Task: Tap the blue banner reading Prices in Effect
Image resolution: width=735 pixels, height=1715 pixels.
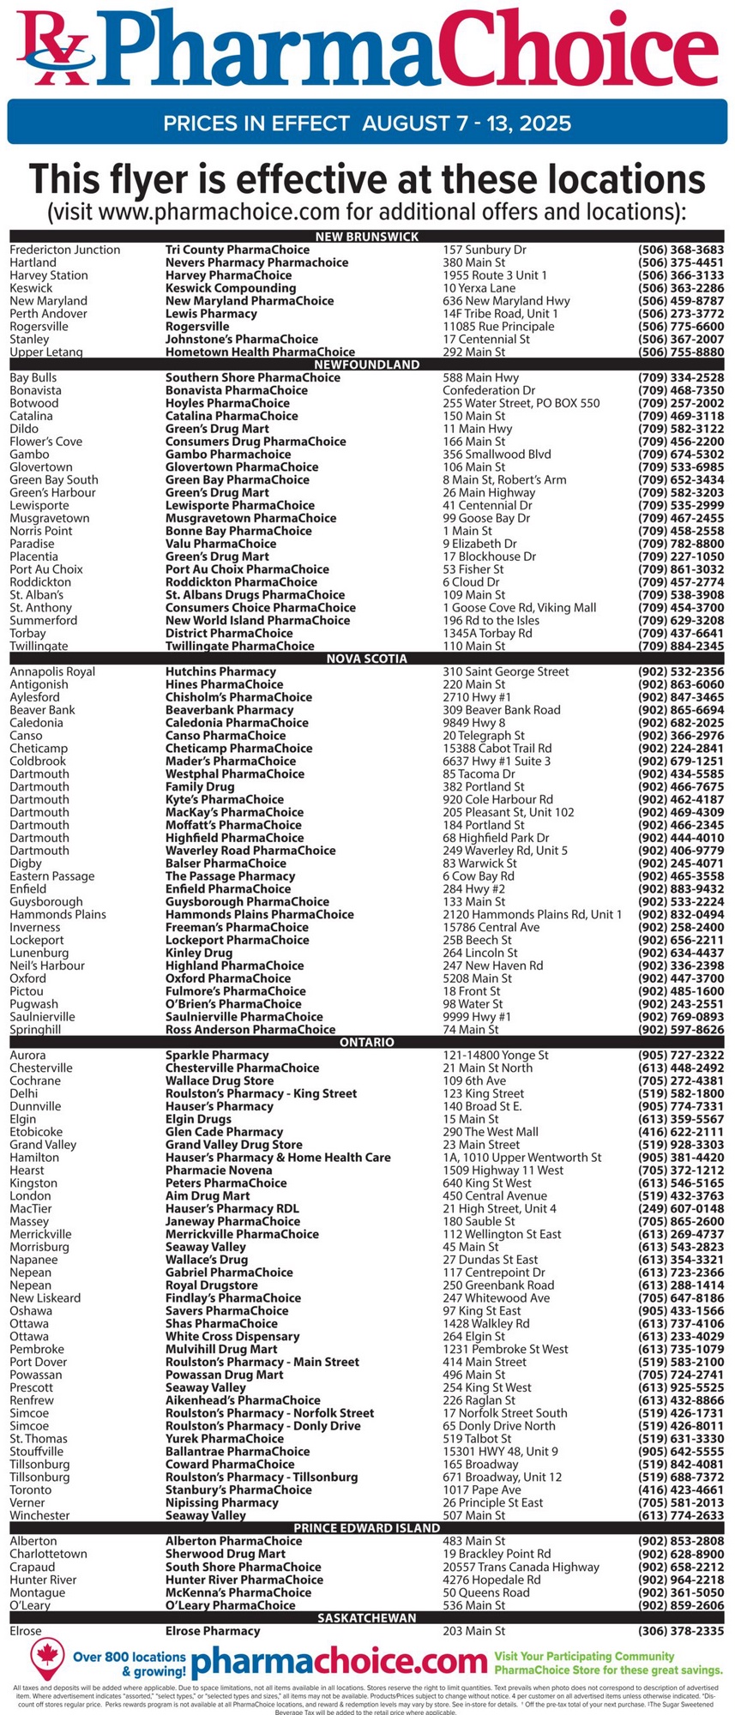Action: click(367, 123)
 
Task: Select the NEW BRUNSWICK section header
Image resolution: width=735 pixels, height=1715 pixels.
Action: click(367, 237)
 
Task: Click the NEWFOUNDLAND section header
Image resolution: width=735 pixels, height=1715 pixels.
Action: click(367, 364)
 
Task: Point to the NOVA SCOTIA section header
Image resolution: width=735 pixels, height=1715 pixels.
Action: click(367, 659)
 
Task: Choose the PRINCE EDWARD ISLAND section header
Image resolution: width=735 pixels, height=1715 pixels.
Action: click(367, 1527)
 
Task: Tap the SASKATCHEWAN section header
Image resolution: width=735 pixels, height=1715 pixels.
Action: click(367, 1617)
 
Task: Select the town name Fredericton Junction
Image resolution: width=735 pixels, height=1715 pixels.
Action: click(65, 250)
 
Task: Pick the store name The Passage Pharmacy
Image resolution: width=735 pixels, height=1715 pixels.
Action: click(230, 876)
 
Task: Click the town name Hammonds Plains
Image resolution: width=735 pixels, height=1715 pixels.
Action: click(58, 914)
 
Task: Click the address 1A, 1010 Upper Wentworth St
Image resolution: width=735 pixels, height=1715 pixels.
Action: click(522, 1157)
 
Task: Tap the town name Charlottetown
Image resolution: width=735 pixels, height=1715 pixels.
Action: click(49, 1553)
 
